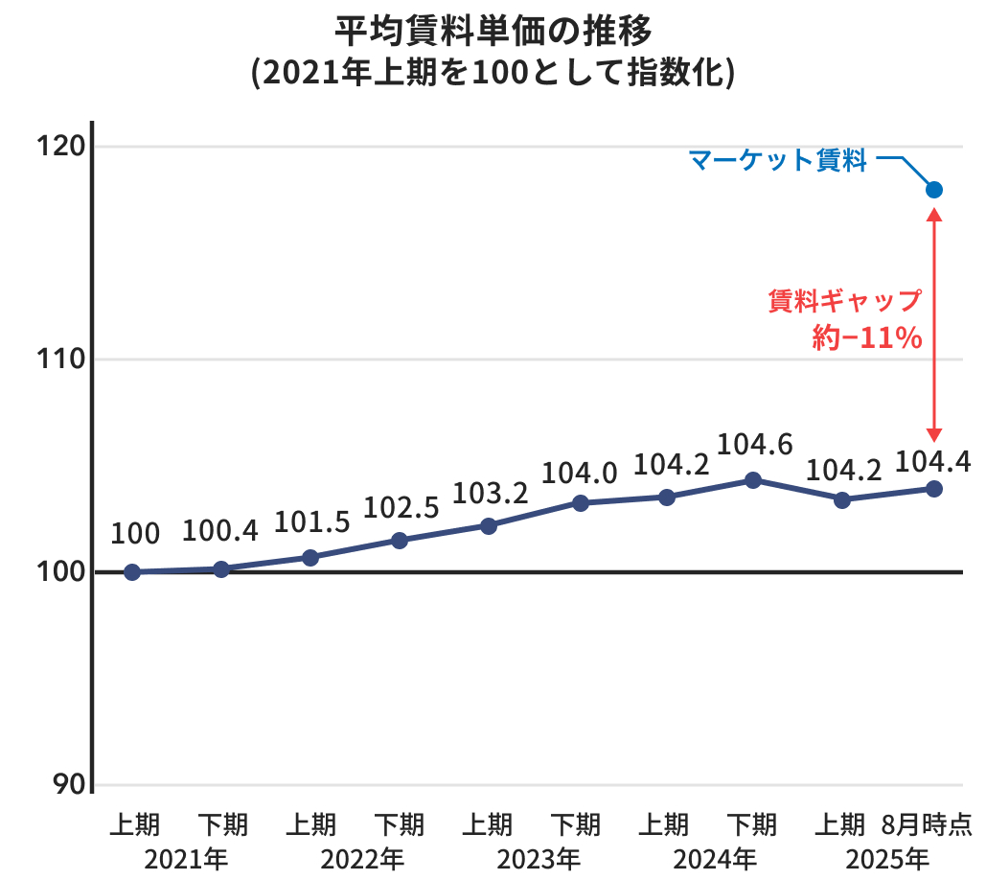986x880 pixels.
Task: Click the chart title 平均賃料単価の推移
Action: coord(493,31)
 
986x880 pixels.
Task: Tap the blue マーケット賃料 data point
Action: coord(934,190)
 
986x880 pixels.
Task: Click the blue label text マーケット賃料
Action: coord(777,161)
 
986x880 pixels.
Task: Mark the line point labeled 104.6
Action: coord(753,480)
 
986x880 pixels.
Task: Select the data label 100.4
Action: coord(220,531)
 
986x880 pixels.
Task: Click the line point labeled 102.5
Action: coord(400,541)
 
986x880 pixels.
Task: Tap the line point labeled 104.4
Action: coord(934,489)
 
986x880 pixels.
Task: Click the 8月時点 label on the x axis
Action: coord(927,824)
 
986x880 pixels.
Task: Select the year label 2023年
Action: coord(539,858)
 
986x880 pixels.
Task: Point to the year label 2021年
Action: coord(186,858)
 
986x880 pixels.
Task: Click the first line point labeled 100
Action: coord(132,572)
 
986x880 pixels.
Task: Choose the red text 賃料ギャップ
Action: coord(844,301)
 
